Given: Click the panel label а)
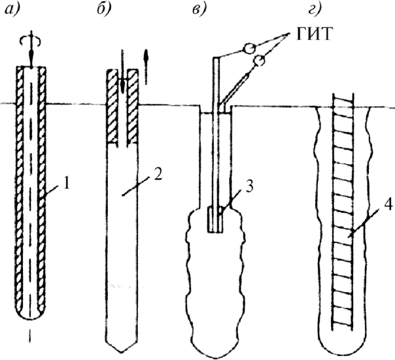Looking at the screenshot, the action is coord(12,10).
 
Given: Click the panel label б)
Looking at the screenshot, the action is coord(104,10).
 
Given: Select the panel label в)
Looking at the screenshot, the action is coord(199,10).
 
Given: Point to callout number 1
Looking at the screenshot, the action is coord(66,184).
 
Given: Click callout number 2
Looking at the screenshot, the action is coord(158,173).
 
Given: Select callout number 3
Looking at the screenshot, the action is coord(249,187).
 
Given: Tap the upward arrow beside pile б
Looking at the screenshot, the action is coord(146,66).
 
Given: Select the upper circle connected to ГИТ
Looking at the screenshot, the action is coord(250,48).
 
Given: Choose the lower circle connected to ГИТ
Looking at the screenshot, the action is coord(260,60).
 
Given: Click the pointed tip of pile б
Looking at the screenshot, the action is coord(122,352).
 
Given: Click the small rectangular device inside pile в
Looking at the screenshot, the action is coord(215,220).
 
